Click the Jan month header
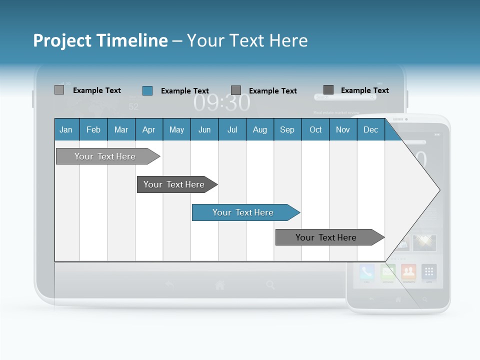coord(66,130)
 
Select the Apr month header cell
coord(149,130)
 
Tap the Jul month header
coord(232,130)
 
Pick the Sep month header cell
coord(287,130)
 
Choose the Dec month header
coord(371,130)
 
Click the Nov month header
coord(343,130)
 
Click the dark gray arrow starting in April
coord(175,184)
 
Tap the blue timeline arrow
coord(244,212)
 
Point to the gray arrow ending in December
coord(327,237)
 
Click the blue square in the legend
coord(147,90)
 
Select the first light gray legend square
coord(59,90)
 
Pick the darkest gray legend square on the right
coord(328,90)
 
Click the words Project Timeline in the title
coord(100,40)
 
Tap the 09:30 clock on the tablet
coord(222,103)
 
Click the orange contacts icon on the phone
coord(408,272)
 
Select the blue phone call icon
coord(367,272)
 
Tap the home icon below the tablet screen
coord(219,285)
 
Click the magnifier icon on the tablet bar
coord(270,285)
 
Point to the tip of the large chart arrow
coord(439,190)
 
